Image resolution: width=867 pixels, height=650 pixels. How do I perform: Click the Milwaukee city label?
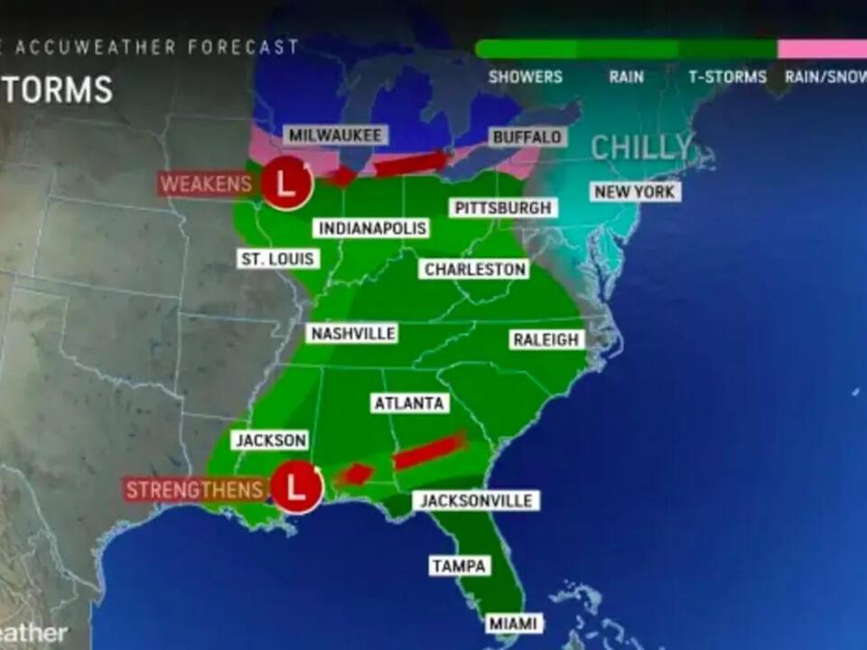(336, 135)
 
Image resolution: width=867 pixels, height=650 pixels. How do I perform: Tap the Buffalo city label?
(527, 137)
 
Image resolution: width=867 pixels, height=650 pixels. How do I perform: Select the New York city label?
(636, 191)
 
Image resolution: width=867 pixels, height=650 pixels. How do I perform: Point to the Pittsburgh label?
(503, 208)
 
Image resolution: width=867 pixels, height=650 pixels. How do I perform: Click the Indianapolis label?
(371, 227)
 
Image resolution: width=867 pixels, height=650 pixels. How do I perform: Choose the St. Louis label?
(278, 259)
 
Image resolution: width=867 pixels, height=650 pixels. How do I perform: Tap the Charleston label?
(475, 269)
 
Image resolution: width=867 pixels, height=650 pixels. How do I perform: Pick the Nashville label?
(353, 334)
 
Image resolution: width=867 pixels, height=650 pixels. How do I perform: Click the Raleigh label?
(546, 339)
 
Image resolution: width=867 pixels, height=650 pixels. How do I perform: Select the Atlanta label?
(409, 403)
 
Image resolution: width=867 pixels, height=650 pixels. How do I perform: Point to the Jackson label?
(271, 441)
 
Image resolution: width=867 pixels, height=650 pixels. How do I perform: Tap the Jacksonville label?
(476, 500)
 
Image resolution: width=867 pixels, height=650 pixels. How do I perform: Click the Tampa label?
(460, 566)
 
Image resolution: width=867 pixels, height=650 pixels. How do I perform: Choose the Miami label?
(515, 623)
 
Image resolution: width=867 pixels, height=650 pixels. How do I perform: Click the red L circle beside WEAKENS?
(287, 184)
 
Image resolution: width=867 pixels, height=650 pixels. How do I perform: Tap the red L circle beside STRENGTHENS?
(297, 487)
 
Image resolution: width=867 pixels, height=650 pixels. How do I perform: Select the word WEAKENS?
(207, 185)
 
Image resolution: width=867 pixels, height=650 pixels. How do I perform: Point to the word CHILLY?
(642, 147)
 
